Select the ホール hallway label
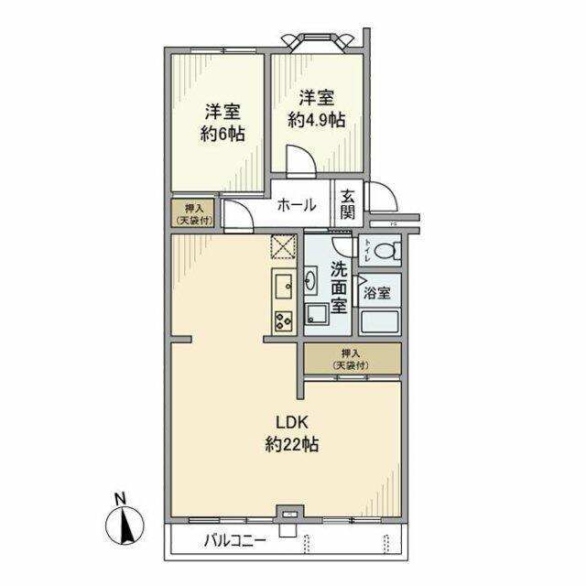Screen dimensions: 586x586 click(x=297, y=204)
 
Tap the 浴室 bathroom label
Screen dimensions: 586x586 click(x=376, y=294)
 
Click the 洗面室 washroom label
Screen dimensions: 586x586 click(x=338, y=287)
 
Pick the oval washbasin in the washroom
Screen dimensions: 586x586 click(x=311, y=279)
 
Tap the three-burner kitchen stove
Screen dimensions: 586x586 click(x=282, y=320)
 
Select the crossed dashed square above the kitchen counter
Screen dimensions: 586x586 click(x=282, y=247)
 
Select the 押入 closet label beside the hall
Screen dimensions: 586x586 click(x=193, y=213)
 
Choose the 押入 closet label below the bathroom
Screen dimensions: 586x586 click(x=352, y=358)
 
